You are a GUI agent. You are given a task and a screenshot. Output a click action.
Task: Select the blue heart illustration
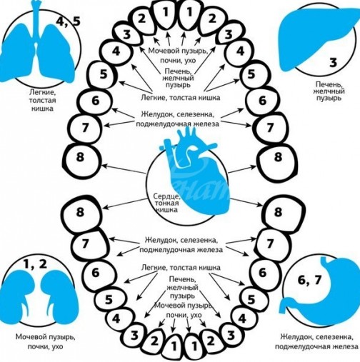[x=194, y=171]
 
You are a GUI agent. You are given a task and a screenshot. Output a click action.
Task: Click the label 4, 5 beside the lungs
[x=69, y=22]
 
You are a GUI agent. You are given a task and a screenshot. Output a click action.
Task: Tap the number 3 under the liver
[x=334, y=62]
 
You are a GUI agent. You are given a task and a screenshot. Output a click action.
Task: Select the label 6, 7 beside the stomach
[x=309, y=280]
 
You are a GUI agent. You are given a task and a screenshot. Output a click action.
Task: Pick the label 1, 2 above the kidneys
[x=35, y=264]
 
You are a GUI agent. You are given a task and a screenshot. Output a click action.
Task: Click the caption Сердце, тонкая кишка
[x=166, y=203]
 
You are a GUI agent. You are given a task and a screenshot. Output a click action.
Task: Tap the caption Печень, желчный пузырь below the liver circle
[x=330, y=91]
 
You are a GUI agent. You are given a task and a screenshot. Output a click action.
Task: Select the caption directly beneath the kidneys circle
[x=45, y=341]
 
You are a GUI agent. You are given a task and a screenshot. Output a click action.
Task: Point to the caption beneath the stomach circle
[x=316, y=341]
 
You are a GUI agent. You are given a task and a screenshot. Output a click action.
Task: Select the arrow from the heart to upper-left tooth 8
[x=124, y=169]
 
